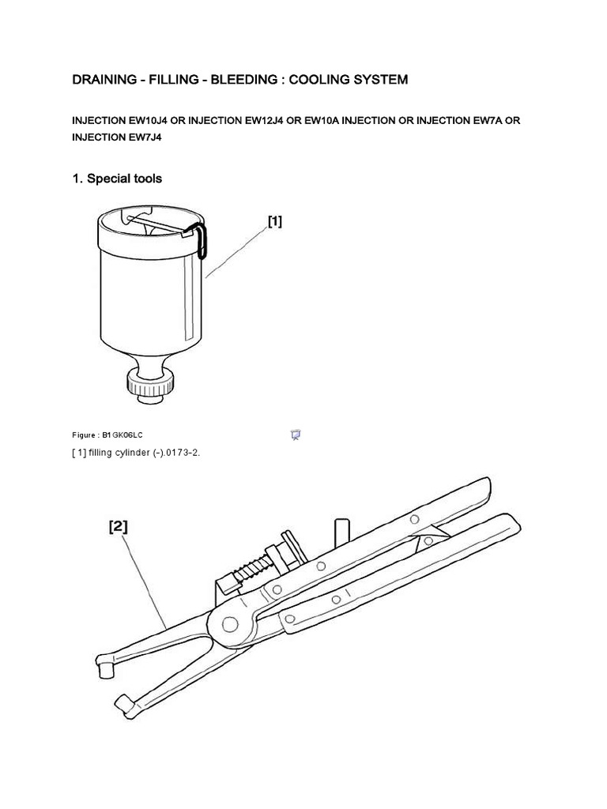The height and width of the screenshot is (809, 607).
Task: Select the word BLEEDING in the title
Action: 242,80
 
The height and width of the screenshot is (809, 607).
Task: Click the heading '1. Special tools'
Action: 117,179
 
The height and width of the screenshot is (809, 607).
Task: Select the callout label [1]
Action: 274,222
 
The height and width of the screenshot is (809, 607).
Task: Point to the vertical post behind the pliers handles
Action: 342,531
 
